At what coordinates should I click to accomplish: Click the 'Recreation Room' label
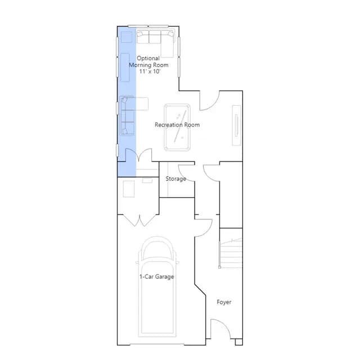[x=177, y=125]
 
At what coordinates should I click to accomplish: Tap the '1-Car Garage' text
[x=156, y=277]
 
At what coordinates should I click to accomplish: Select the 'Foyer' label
[x=224, y=302]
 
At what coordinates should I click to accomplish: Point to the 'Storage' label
[x=175, y=179]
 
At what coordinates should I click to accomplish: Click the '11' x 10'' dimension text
[x=150, y=71]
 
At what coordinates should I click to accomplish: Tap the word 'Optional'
[x=148, y=58]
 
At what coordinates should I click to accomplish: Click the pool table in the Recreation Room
[x=177, y=128]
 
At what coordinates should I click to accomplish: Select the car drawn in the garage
[x=157, y=286]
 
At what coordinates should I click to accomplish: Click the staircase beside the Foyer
[x=231, y=253]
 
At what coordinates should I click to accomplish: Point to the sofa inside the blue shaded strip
[x=127, y=115]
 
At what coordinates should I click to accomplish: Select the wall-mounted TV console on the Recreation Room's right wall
[x=236, y=125]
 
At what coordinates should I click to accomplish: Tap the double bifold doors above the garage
[x=139, y=220]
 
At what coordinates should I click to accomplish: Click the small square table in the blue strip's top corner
[x=127, y=37]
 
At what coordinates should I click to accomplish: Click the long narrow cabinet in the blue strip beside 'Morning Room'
[x=125, y=67]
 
